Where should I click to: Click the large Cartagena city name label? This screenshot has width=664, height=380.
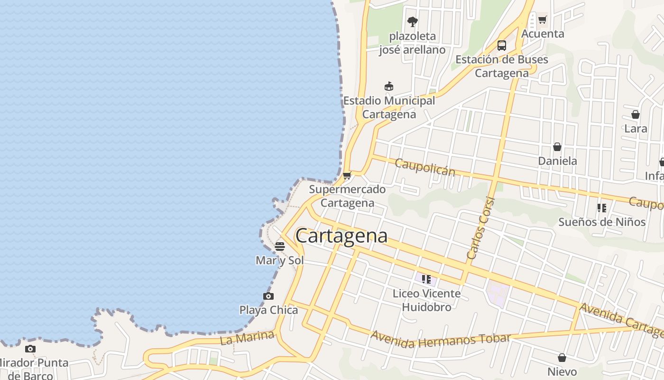coord(341,236)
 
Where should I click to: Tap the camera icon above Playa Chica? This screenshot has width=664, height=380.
coord(268,296)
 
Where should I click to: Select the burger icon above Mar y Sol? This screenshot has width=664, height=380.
coord(280,247)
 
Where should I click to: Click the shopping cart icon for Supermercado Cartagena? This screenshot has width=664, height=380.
coord(347,176)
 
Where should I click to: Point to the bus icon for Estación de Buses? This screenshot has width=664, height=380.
coord(502,46)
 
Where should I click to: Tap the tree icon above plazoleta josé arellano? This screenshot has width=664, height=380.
coord(412,21)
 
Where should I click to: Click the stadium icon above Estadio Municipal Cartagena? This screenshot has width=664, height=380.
coord(389,86)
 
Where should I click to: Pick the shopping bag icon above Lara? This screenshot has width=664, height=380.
coord(636,114)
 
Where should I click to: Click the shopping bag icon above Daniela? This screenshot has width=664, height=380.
coord(557,147)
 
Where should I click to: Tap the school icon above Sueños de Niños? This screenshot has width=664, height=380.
coord(602,208)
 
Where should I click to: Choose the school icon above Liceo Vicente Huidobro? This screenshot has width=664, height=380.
coord(426,279)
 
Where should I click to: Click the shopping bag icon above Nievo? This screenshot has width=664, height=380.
coord(562,358)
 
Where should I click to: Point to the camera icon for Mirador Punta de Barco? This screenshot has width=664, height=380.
coord(30,349)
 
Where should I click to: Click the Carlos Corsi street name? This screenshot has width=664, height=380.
coord(481,228)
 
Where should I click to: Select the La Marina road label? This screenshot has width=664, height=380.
coord(247,338)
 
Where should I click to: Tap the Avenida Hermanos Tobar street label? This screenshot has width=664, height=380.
coord(441,340)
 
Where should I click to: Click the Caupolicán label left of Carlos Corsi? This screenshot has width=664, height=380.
coord(424,167)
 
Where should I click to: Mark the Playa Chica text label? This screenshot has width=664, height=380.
coord(268,310)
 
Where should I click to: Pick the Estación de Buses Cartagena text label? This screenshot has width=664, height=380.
coord(502,66)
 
